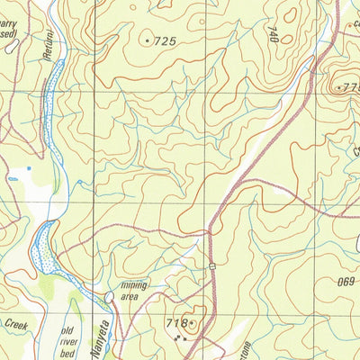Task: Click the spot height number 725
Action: coord(165,41)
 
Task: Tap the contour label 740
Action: coord(272,34)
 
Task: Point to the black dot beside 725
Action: coord(148,40)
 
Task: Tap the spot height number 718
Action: coord(175,322)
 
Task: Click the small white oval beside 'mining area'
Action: coord(110,295)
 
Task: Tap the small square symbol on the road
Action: coord(213,265)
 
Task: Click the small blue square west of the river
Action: coord(29,167)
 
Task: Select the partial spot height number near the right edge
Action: coord(348,88)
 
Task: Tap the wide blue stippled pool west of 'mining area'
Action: coord(42,248)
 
